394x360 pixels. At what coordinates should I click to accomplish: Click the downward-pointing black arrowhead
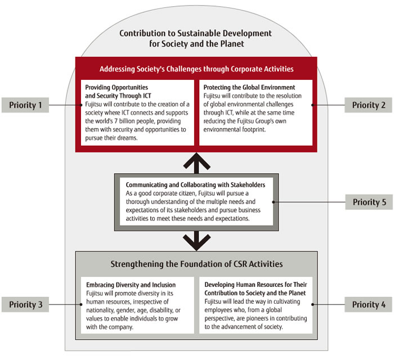[196, 243]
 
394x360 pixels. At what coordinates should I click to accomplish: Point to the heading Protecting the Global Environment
[249, 88]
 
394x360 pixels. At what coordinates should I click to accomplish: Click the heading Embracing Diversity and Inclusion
[131, 285]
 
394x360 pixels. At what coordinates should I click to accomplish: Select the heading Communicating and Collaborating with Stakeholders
[195, 184]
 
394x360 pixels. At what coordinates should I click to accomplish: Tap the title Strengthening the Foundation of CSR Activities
[196, 264]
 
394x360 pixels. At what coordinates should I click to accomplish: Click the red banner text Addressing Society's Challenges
[196, 69]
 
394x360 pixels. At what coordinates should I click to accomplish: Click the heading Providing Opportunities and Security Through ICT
[117, 92]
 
